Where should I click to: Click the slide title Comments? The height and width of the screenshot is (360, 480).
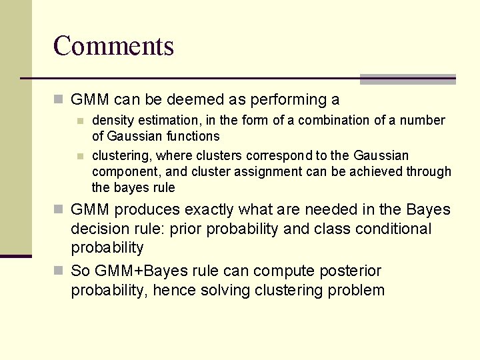[x=113, y=46]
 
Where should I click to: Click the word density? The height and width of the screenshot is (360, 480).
[x=111, y=121]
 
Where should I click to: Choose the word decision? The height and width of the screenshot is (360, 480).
[x=98, y=229]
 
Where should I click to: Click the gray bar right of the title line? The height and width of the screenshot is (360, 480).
[x=407, y=79]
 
